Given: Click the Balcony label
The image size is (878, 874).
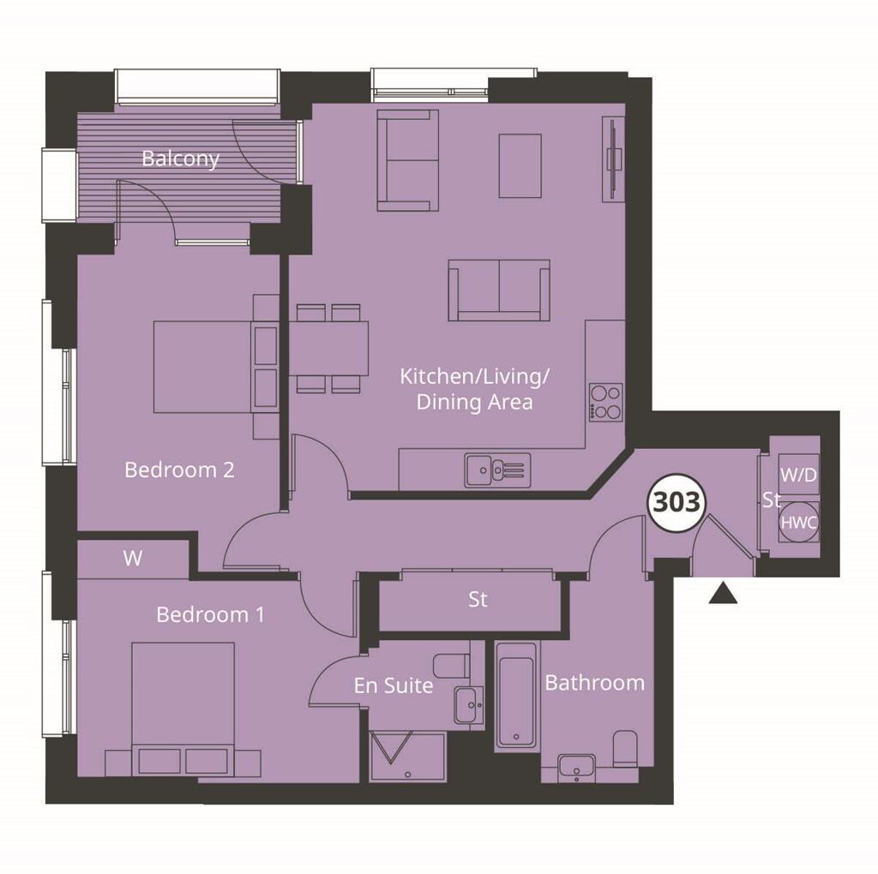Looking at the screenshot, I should [180, 159].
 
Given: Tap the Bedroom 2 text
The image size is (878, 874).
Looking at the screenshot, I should [179, 470].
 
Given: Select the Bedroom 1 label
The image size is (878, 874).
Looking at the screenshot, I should [210, 614].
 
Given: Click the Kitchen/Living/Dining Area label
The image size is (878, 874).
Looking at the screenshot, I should [475, 388].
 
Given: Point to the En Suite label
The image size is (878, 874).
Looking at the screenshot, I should [394, 685].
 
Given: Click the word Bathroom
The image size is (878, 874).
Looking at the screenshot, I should [594, 683].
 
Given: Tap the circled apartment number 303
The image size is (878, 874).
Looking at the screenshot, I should [677, 502].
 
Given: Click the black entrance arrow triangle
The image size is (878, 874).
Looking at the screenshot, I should [723, 593].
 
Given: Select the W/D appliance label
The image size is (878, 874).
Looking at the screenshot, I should [798, 474].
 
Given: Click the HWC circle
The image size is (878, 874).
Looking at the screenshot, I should [799, 522].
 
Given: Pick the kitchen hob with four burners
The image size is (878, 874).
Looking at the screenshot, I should [606, 401].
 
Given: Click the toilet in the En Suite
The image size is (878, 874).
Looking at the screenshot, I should [452, 665].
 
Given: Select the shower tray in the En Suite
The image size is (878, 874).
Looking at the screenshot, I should [407, 756].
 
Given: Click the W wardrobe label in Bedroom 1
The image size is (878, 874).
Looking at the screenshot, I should [132, 559].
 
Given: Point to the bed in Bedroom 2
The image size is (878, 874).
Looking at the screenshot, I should [204, 367].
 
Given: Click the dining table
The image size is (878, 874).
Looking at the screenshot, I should [329, 348].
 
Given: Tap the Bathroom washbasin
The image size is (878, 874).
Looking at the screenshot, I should [576, 767].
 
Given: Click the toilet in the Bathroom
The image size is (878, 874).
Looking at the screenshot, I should [626, 750].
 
